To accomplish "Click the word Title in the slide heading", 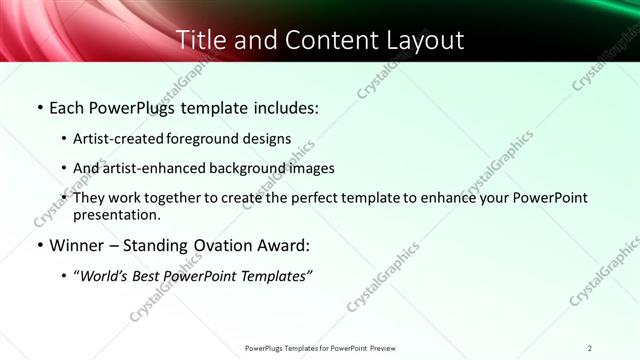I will point(201,40).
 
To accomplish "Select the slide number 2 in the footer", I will point(590,348).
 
